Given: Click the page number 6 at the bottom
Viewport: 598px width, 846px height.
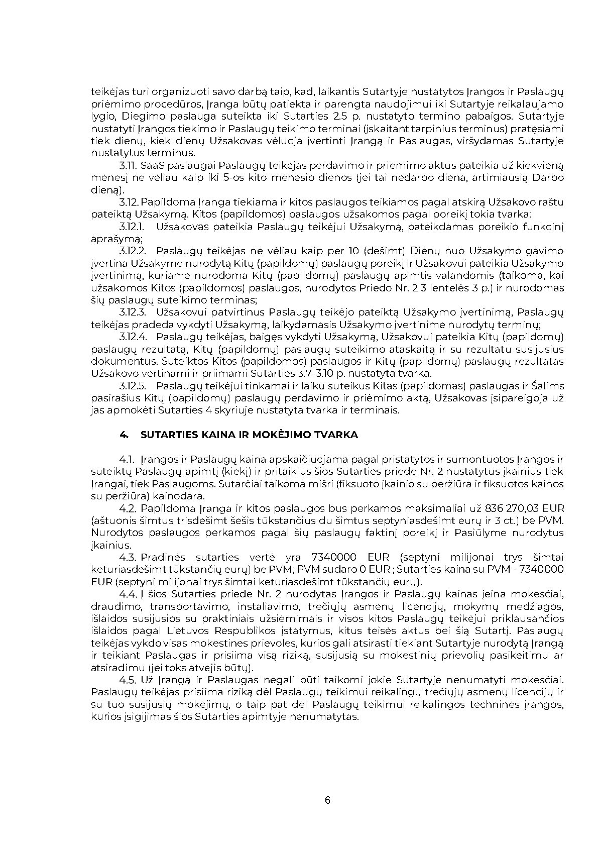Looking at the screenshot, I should (x=327, y=800).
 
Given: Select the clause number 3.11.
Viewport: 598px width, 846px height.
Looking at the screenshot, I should (x=129, y=165).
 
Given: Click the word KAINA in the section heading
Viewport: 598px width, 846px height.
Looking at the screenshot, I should (x=235, y=435).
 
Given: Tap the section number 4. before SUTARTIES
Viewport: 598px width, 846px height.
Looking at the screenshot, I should (x=124, y=435).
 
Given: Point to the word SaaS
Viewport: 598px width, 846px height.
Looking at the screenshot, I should (x=152, y=165).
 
